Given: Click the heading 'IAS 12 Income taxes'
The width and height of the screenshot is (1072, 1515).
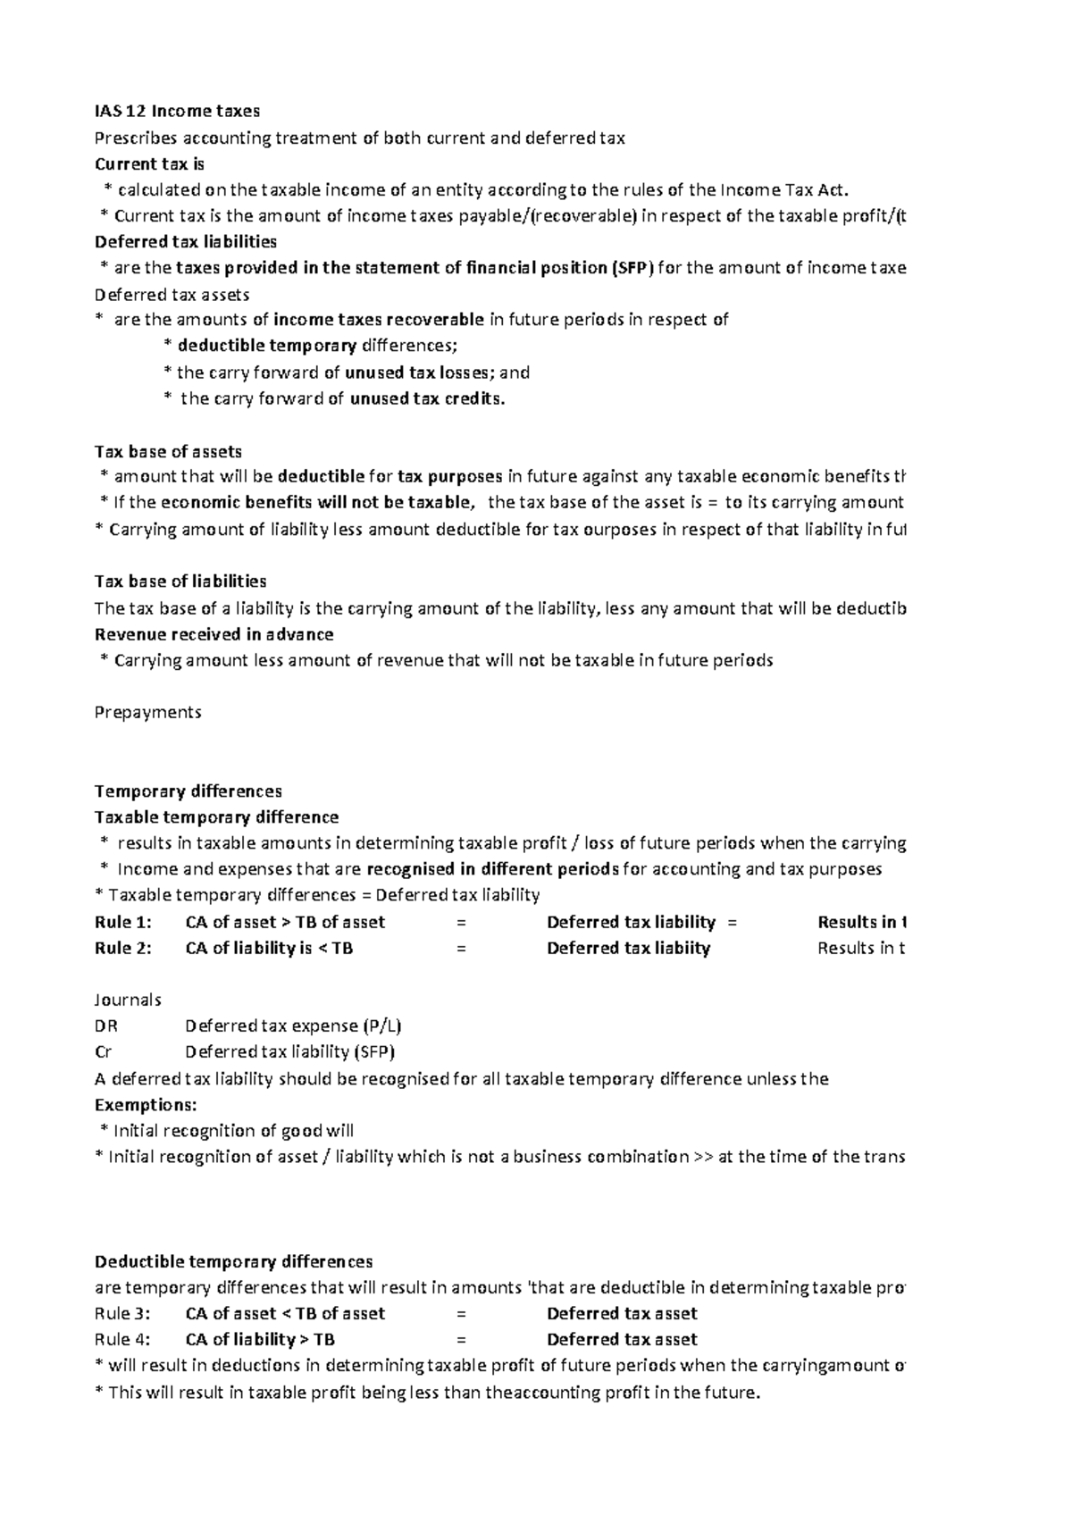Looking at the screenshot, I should point(177,112).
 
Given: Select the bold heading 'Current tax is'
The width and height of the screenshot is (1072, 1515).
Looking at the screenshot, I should point(149,164).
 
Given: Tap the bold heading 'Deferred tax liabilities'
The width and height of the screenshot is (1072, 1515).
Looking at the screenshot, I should point(186,242).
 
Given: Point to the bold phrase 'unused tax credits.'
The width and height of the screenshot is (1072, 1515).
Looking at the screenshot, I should point(427,399).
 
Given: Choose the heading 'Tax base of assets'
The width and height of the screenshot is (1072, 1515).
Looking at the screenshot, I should point(168,452).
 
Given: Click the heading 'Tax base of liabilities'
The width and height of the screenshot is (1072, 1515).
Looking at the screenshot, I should point(180,582).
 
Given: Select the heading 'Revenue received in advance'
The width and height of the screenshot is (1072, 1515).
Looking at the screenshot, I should point(214,634).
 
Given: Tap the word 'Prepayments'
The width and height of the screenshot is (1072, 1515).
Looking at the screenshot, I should point(147,712).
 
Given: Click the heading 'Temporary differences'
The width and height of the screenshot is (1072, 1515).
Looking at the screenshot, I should point(188,791).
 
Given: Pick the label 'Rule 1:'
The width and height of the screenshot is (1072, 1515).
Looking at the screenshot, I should point(122,922).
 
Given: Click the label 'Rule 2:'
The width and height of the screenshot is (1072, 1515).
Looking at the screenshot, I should point(122,948).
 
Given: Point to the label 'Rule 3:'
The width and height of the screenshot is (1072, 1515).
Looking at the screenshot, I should point(122,1314).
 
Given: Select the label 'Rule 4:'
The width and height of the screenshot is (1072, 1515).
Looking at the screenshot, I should point(122,1340).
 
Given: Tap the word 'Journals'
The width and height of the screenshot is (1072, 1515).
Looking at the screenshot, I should point(128,1000).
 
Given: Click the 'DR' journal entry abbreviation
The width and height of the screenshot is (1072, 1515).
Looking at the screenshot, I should point(105,1026).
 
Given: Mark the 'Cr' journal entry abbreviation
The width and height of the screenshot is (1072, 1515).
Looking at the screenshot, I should point(103,1052).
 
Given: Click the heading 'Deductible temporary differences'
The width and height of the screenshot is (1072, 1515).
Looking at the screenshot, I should point(233,1262).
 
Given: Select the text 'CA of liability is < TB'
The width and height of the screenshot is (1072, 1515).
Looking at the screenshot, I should point(269,948).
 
